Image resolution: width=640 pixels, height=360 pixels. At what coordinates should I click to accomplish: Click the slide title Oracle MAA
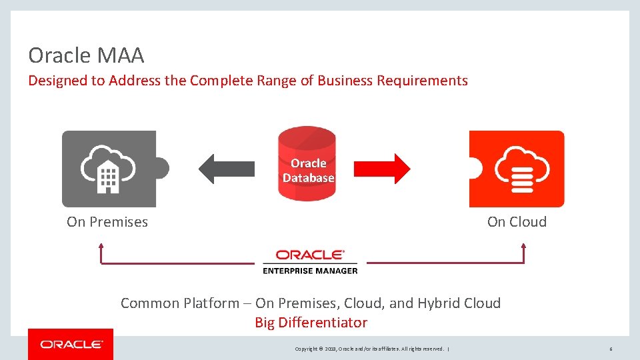86,55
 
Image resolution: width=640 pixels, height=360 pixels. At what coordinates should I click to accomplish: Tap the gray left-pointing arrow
226,169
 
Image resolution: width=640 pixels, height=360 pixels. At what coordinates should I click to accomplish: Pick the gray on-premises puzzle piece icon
111,169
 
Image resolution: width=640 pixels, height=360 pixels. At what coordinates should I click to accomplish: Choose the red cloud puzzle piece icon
517,169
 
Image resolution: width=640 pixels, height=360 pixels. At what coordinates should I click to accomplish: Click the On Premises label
107,222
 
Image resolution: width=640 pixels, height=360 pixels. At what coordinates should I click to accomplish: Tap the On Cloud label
517,222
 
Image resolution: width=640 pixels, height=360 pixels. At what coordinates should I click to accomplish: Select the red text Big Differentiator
311,323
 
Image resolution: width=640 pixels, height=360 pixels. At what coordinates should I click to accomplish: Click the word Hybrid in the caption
439,303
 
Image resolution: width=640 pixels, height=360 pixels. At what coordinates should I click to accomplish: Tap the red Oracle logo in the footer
71,345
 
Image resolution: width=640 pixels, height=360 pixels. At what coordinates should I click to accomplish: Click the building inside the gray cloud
107,177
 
